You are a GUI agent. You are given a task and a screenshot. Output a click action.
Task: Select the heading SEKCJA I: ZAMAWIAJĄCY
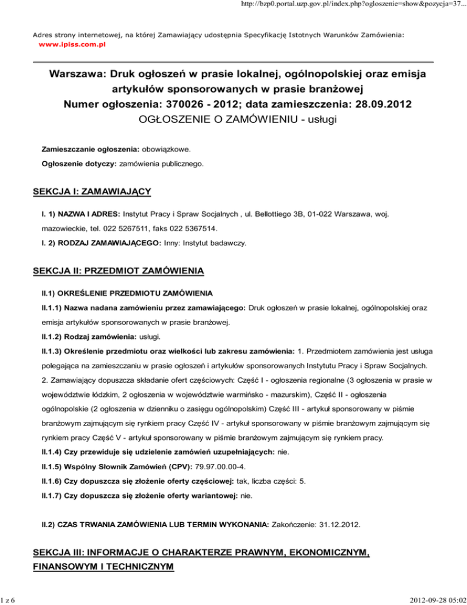[x=92, y=192]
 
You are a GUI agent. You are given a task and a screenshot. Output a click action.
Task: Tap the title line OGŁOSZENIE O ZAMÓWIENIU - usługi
[x=233, y=119]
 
